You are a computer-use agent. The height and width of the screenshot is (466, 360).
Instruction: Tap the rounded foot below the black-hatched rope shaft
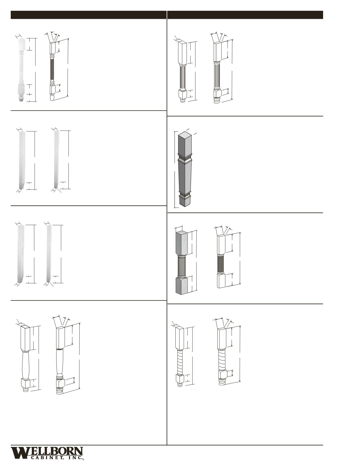(x=52, y=97)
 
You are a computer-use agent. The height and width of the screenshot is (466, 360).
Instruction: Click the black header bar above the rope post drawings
(x=89, y=15)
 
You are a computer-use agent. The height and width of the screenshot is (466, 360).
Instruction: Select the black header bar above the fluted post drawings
(x=245, y=15)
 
